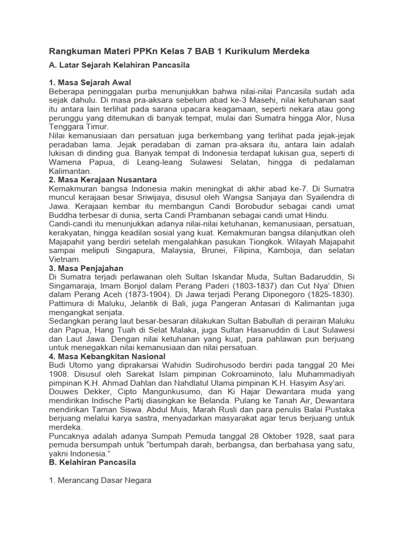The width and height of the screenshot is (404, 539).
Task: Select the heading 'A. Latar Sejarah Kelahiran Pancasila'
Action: pyautogui.click(x=119, y=65)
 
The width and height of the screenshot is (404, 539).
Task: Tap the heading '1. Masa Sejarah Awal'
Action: pyautogui.click(x=89, y=83)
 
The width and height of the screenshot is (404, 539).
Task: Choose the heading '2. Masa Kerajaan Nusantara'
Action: pyautogui.click(x=103, y=179)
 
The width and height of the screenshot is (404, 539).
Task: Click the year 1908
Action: pyautogui.click(x=59, y=374)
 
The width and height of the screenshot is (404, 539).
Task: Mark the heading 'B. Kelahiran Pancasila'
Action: pyautogui.click(x=93, y=462)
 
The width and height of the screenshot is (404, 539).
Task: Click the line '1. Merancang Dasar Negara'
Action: pyautogui.click(x=100, y=481)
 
